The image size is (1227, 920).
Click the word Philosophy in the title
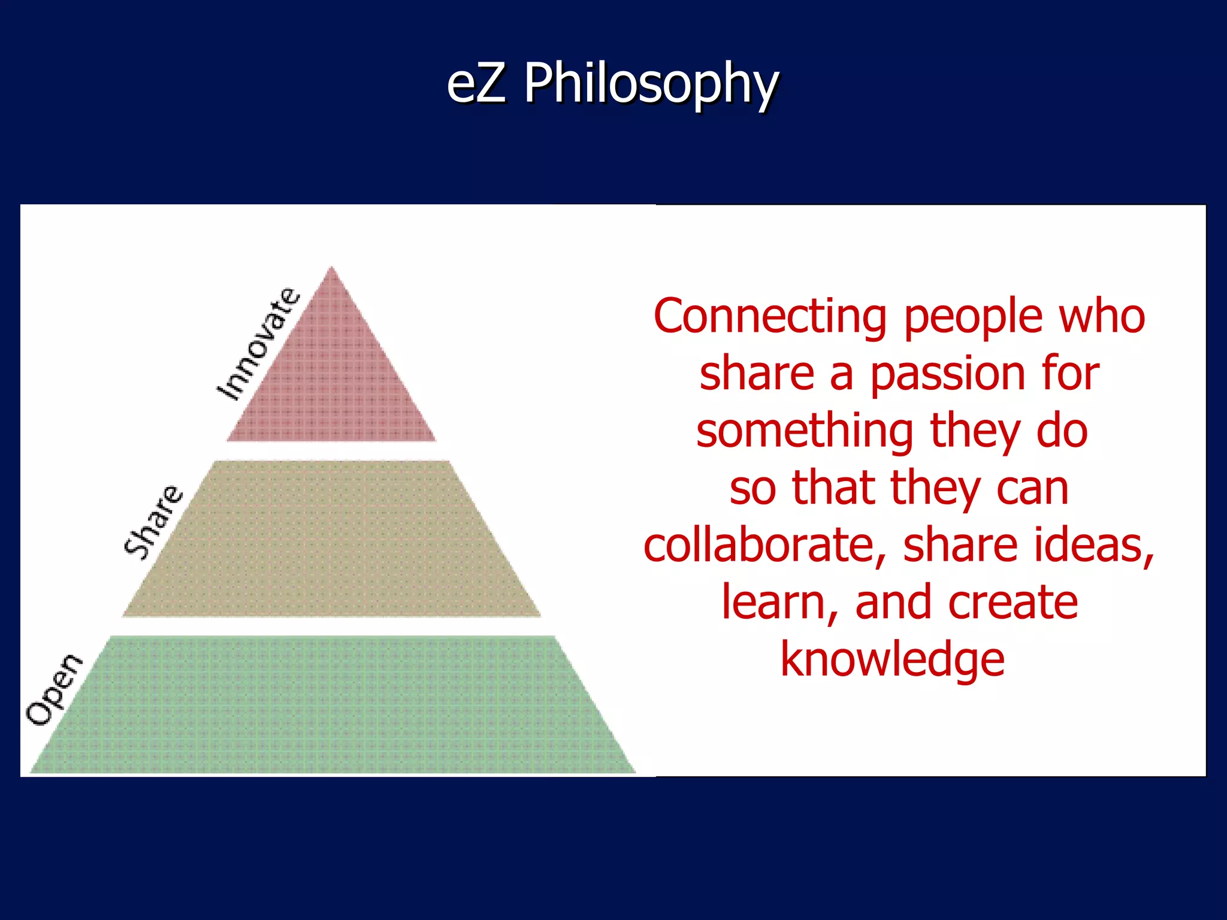[x=651, y=85]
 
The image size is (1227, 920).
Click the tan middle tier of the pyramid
[x=331, y=539]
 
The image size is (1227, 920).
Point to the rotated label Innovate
[x=258, y=344]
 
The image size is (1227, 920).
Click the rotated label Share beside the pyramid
[x=153, y=522]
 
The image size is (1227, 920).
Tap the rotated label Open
[x=54, y=689]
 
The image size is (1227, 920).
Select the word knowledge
[x=892, y=660]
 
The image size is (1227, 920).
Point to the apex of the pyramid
[x=331, y=268]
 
